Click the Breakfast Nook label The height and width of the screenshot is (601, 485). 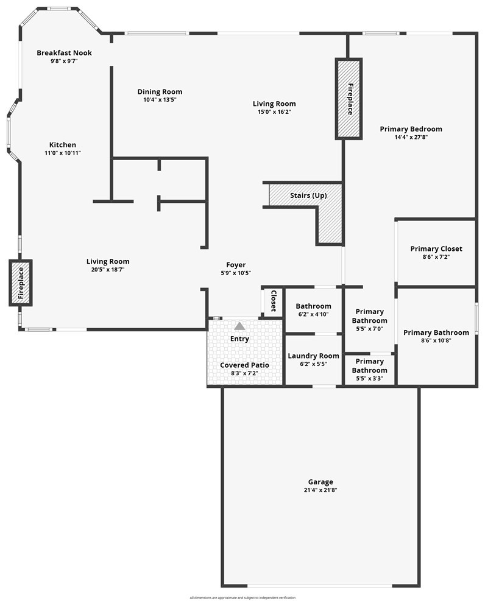pos(65,53)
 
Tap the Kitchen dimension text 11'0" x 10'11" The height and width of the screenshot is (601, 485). pos(63,153)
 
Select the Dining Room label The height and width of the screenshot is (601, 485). pos(160,91)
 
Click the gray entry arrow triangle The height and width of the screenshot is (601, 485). pos(239,326)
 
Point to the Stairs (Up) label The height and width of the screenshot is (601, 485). pos(308,195)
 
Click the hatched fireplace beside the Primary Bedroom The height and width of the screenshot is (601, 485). pos(349,99)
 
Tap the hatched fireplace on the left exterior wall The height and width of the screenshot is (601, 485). pos(21,283)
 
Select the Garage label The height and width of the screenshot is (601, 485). pos(320,482)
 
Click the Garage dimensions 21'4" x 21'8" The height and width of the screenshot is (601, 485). pos(320,490)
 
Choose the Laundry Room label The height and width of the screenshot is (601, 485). pos(314,356)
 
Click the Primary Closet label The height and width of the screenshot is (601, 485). pos(436,249)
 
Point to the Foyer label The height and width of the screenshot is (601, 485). pos(236,265)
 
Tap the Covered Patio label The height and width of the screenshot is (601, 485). pos(244,365)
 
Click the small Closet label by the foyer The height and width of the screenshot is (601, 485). pos(274,301)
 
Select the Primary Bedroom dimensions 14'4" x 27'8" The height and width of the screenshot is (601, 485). pos(411,137)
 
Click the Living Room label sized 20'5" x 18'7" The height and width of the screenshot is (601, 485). pos(108,261)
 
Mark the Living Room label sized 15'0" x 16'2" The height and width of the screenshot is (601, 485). pos(274,104)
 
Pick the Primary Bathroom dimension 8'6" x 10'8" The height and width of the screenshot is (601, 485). pos(436,340)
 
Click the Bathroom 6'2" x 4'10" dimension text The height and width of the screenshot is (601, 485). pos(314,314)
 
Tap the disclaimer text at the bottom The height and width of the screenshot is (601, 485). pos(242,597)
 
